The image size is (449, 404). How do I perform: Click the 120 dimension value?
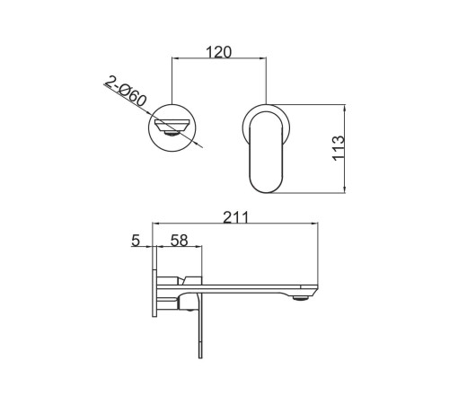(219, 52)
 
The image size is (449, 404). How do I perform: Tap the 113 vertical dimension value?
(339, 148)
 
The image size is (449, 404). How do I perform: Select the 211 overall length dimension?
(236, 217)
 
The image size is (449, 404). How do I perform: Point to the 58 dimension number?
(180, 241)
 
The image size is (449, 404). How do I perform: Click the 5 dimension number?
(136, 241)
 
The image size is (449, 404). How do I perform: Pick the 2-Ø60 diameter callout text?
(126, 91)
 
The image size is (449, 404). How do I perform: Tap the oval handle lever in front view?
(266, 152)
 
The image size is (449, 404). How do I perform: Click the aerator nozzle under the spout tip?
(302, 298)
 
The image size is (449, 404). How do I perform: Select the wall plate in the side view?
(154, 281)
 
